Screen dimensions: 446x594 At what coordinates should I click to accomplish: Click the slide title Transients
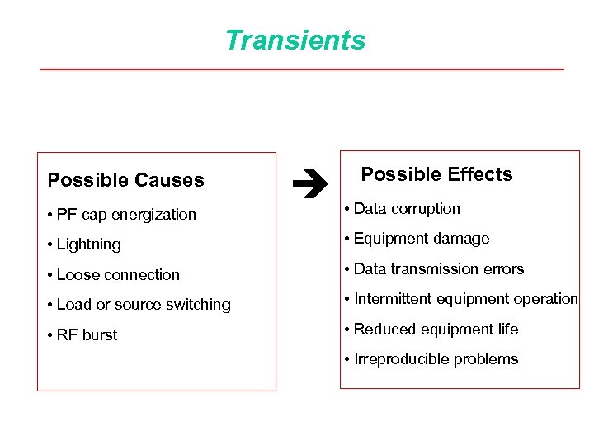pos(295,40)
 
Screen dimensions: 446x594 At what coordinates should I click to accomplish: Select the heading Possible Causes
pos(125,180)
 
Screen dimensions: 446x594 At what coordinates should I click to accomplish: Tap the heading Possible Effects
pos(436,174)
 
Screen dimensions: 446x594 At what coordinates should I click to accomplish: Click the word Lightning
pos(89,244)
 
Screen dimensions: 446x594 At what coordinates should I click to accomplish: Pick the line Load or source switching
pos(143,305)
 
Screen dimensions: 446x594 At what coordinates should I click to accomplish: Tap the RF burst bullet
pos(87,335)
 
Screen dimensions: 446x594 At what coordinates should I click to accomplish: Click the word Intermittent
pos(393,299)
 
